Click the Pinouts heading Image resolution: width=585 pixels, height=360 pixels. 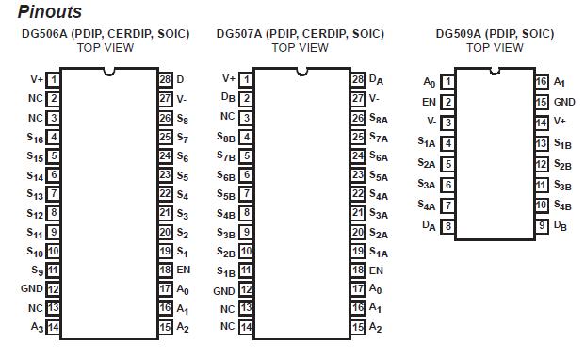[50, 12]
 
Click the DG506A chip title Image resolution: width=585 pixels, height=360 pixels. [106, 34]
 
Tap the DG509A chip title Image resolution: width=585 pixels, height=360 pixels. [496, 34]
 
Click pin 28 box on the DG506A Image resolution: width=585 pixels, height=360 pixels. [166, 79]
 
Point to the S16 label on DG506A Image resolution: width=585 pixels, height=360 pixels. [35, 138]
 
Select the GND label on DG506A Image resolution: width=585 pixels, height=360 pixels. [32, 289]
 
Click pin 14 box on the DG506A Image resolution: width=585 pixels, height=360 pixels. [54, 327]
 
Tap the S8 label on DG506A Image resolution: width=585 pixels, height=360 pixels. [182, 118]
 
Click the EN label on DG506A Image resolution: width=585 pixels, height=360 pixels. [183, 270]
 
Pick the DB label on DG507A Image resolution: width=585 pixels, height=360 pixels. [228, 98]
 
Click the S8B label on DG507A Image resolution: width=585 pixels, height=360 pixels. [226, 138]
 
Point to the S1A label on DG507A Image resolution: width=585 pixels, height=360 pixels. [377, 252]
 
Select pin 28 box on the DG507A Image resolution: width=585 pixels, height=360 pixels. [358, 79]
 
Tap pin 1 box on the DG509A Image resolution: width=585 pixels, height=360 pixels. [447, 82]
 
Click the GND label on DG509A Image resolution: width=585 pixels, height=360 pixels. [564, 102]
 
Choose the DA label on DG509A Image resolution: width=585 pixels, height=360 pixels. [429, 226]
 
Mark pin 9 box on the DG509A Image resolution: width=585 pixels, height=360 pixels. [542, 226]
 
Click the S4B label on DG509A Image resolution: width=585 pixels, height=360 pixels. [562, 205]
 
